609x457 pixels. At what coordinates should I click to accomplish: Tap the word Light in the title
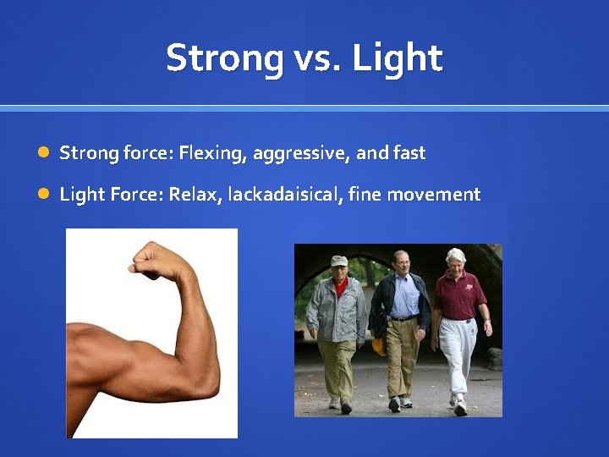coord(397,58)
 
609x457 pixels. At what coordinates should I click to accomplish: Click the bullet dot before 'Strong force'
coord(43,153)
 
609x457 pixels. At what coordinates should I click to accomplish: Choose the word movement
coord(439,195)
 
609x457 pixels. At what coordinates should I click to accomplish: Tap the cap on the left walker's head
coord(339,262)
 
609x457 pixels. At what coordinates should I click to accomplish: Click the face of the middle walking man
coord(401,263)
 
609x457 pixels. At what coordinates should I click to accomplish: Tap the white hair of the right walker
coord(457,253)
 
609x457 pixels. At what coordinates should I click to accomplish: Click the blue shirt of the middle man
coord(405,297)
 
